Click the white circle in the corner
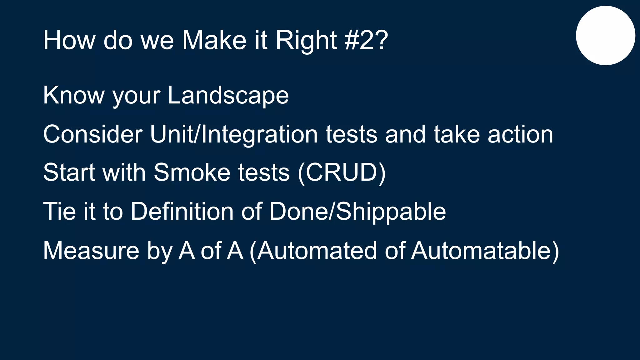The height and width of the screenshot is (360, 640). pyautogui.click(x=605, y=35)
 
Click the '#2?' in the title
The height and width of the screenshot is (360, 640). pyautogui.click(x=366, y=40)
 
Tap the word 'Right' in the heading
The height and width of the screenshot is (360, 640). pyautogui.click(x=306, y=40)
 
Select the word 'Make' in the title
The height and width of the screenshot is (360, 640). pyautogui.click(x=214, y=40)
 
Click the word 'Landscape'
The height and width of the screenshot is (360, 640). pyautogui.click(x=228, y=95)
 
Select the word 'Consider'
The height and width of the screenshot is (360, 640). pyautogui.click(x=93, y=134)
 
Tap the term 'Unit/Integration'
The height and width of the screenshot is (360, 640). pyautogui.click(x=234, y=134)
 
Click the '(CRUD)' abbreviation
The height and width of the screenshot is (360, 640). pyautogui.click(x=342, y=172)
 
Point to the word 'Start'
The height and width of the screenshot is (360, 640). pyautogui.click(x=69, y=172)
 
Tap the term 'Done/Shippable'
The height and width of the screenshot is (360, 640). pyautogui.click(x=357, y=212)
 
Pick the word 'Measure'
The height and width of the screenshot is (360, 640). pyautogui.click(x=91, y=251)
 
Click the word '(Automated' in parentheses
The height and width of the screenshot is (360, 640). pyautogui.click(x=313, y=251)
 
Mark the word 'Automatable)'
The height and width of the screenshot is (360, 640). pyautogui.click(x=485, y=251)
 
